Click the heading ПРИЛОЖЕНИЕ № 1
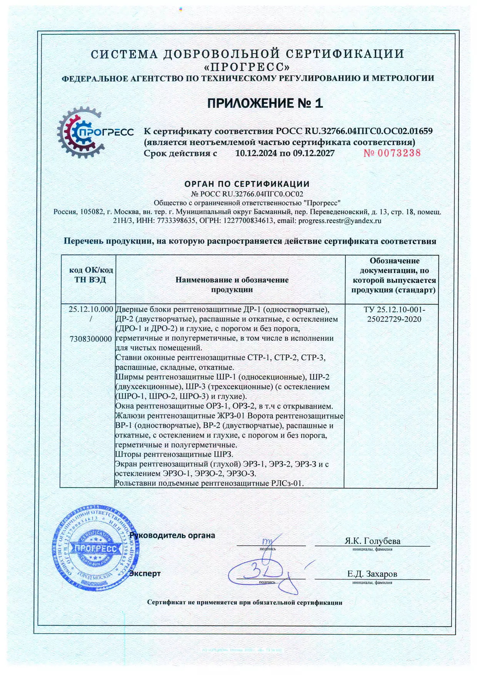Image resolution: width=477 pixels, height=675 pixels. (x=265, y=103)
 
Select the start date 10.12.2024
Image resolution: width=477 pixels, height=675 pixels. (x=256, y=153)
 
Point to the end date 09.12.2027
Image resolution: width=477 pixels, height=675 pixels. (x=314, y=153)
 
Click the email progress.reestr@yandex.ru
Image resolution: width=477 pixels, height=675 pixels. (x=340, y=221)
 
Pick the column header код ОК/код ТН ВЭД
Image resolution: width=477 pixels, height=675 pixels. (x=90, y=275)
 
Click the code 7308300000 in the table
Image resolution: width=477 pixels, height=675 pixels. (x=91, y=339)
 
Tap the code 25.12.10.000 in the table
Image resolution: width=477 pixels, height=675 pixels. (x=91, y=309)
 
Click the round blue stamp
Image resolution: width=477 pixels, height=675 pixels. (x=96, y=548)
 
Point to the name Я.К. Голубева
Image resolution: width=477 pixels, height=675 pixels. (x=372, y=541)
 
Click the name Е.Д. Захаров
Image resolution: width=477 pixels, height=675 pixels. (x=372, y=574)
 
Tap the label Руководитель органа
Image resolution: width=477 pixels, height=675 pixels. (x=172, y=535)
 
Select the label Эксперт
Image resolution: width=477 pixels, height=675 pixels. (x=145, y=573)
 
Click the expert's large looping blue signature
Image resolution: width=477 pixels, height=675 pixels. (x=265, y=573)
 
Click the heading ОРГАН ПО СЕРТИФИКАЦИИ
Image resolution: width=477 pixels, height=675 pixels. (x=247, y=184)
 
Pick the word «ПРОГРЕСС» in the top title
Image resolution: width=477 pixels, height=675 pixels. (x=247, y=67)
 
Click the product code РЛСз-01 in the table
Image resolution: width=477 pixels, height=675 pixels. (x=287, y=483)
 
